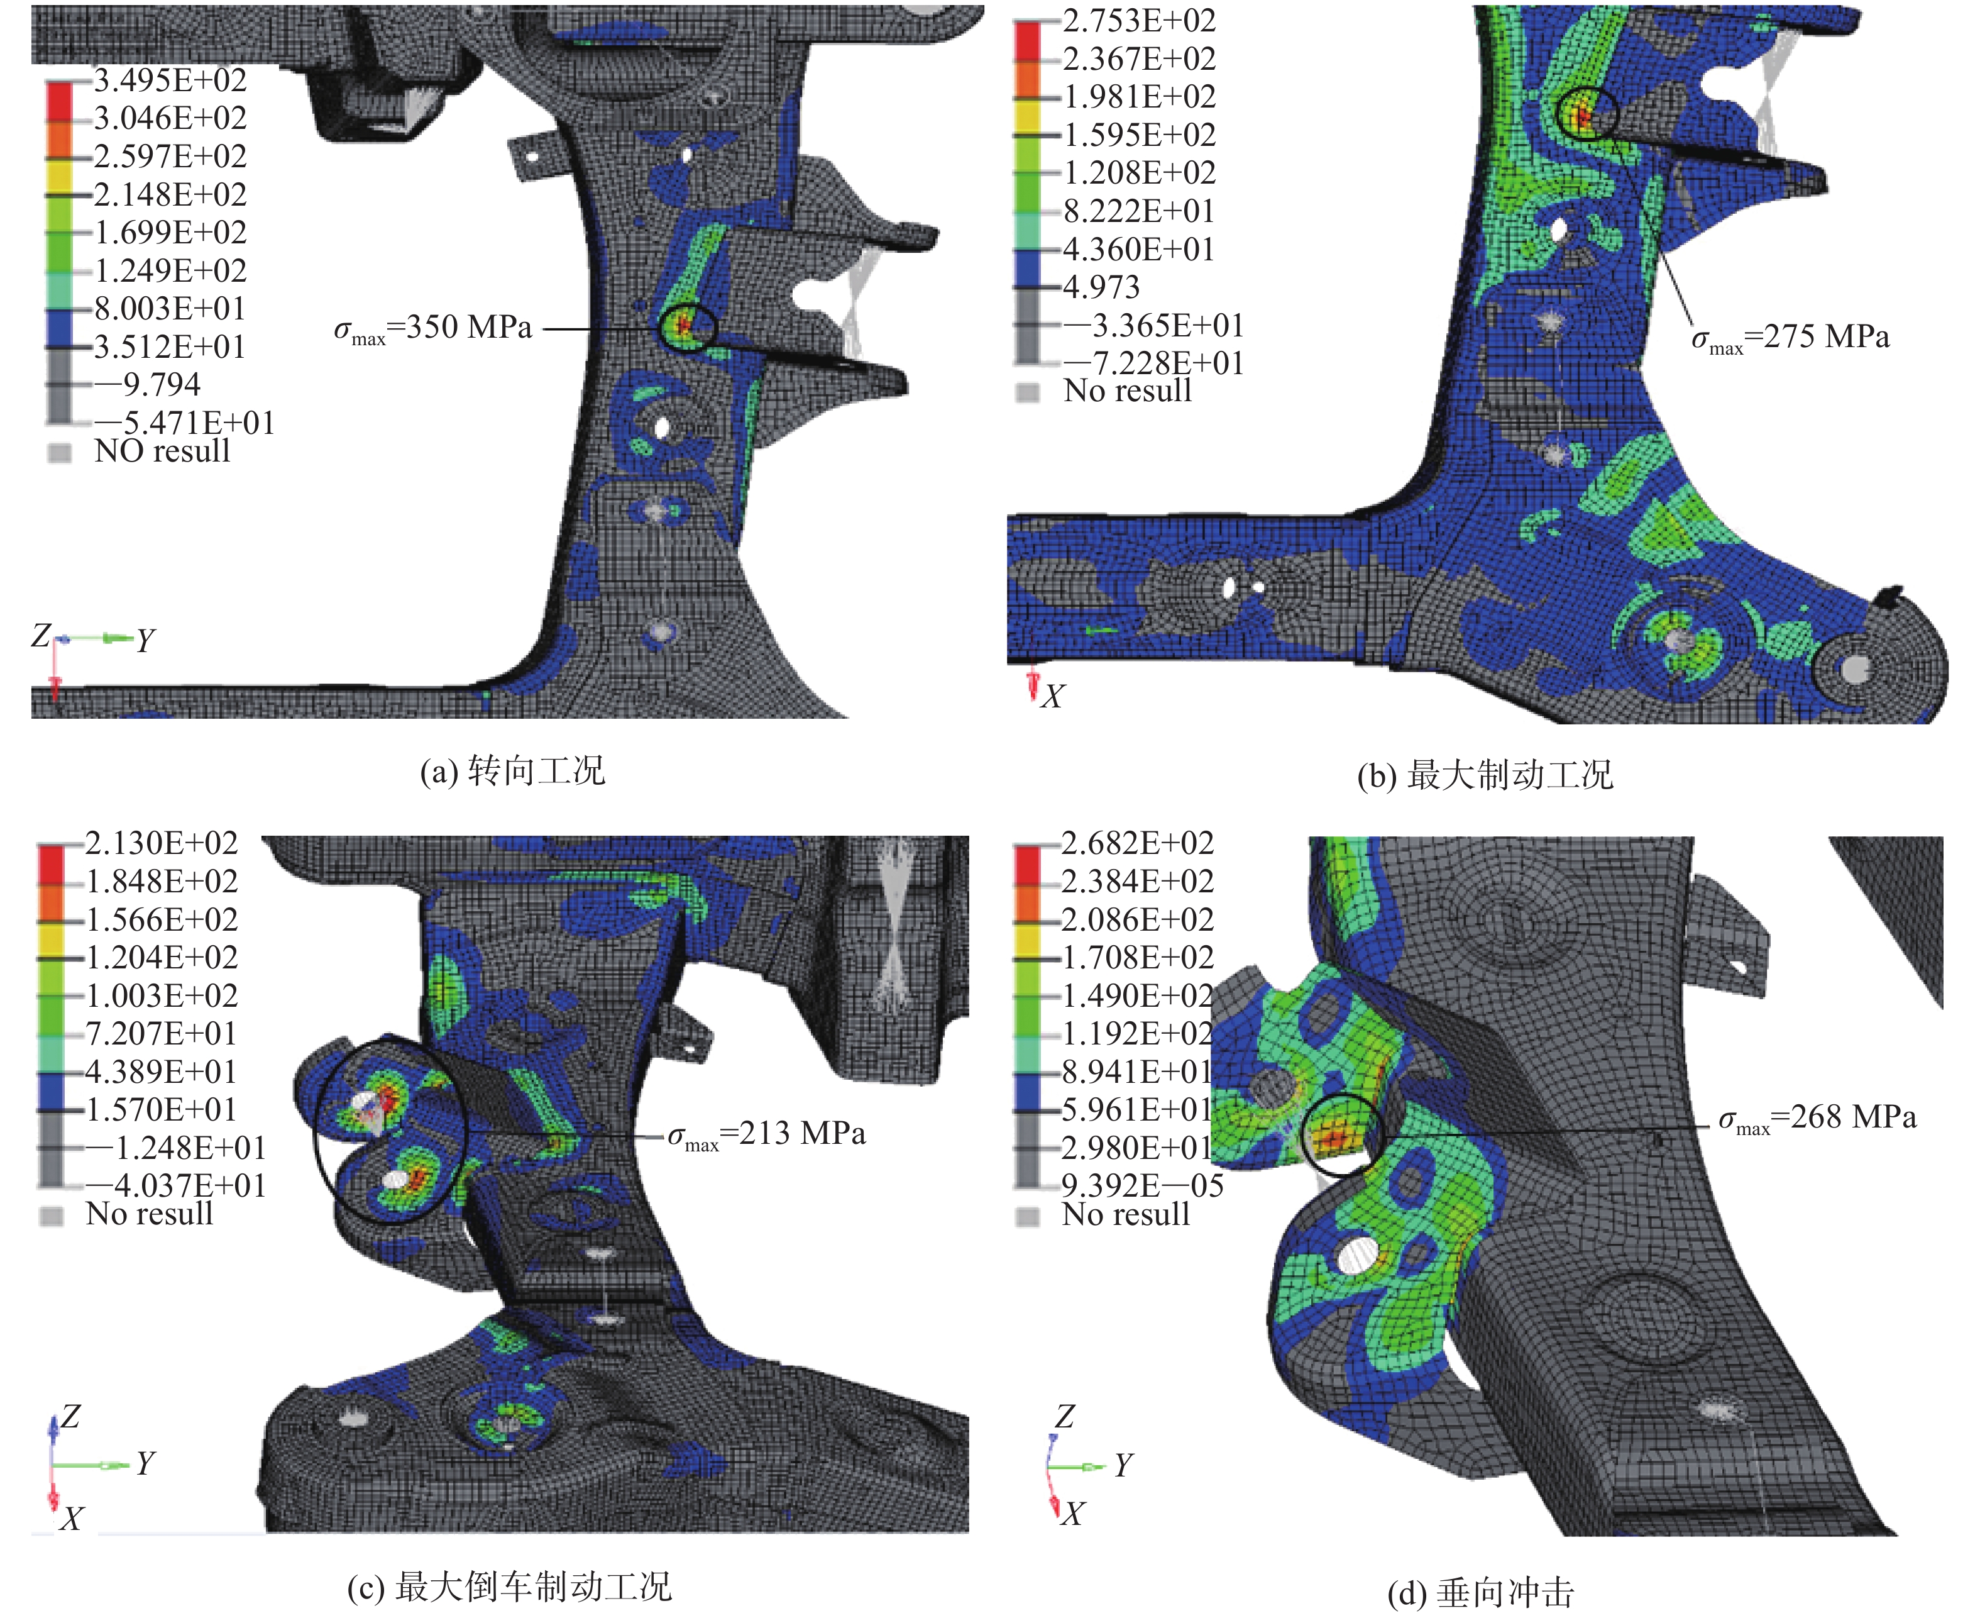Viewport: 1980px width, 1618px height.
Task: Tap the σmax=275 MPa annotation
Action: point(1790,338)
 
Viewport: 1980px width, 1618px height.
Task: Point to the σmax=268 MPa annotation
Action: point(1817,1119)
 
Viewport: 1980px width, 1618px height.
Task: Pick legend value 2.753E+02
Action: point(1140,21)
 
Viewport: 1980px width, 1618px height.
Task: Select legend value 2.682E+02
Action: point(1138,843)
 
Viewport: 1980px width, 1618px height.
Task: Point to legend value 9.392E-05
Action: point(1142,1185)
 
